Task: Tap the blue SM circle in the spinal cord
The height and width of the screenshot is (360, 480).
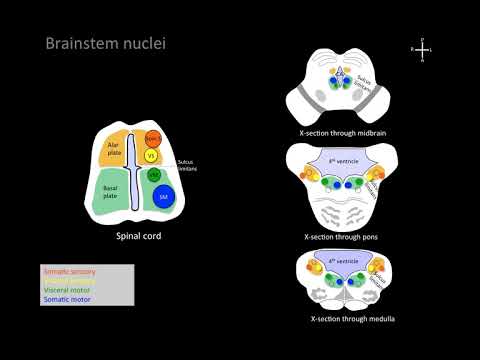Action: tap(162, 198)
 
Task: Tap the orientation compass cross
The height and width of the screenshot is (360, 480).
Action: tap(424, 48)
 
